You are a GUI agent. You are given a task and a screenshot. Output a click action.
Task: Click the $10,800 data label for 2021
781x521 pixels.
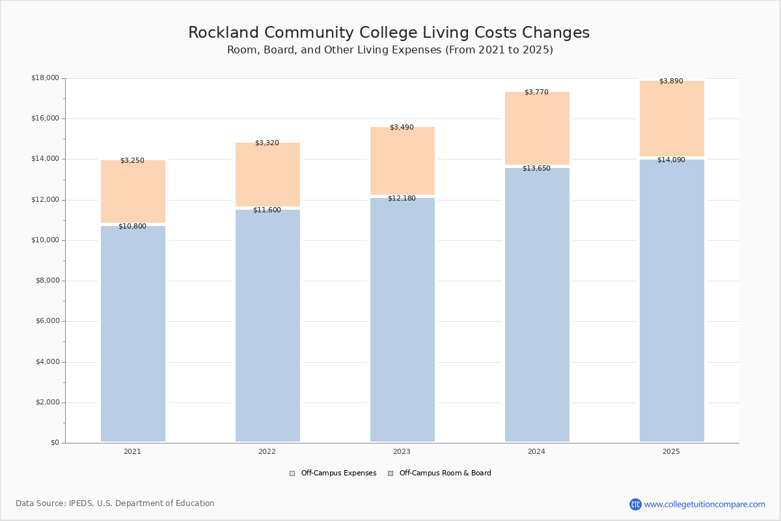(132, 226)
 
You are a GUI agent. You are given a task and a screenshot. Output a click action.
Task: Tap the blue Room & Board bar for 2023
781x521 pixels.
(402, 319)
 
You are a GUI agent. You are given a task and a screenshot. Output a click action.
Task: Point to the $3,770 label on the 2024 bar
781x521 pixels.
(536, 92)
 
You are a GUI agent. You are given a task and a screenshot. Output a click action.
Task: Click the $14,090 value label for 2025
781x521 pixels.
(671, 160)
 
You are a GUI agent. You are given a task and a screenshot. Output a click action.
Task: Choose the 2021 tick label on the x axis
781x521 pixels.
(132, 451)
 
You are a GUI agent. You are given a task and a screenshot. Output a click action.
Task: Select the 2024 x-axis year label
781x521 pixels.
(536, 451)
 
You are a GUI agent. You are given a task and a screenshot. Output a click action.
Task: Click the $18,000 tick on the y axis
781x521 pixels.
(45, 78)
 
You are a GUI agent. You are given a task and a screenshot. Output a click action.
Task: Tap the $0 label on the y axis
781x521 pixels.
(54, 443)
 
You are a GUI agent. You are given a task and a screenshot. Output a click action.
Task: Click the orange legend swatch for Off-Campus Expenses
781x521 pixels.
(292, 473)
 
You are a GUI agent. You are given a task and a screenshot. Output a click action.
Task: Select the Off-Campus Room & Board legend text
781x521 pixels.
(445, 473)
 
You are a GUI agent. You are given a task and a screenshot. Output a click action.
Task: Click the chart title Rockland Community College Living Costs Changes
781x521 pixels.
(389, 33)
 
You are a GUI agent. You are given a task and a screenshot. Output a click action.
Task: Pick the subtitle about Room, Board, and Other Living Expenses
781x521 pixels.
(390, 50)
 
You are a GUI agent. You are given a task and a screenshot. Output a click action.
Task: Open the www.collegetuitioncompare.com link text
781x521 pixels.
(704, 504)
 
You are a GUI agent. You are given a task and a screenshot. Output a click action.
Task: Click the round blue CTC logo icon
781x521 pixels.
(635, 504)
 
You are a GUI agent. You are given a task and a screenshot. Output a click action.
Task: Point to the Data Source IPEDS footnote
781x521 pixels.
(115, 503)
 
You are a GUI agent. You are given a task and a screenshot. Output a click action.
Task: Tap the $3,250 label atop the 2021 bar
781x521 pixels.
(132, 160)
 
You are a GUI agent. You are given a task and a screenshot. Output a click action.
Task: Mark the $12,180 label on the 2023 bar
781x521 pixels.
(402, 198)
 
